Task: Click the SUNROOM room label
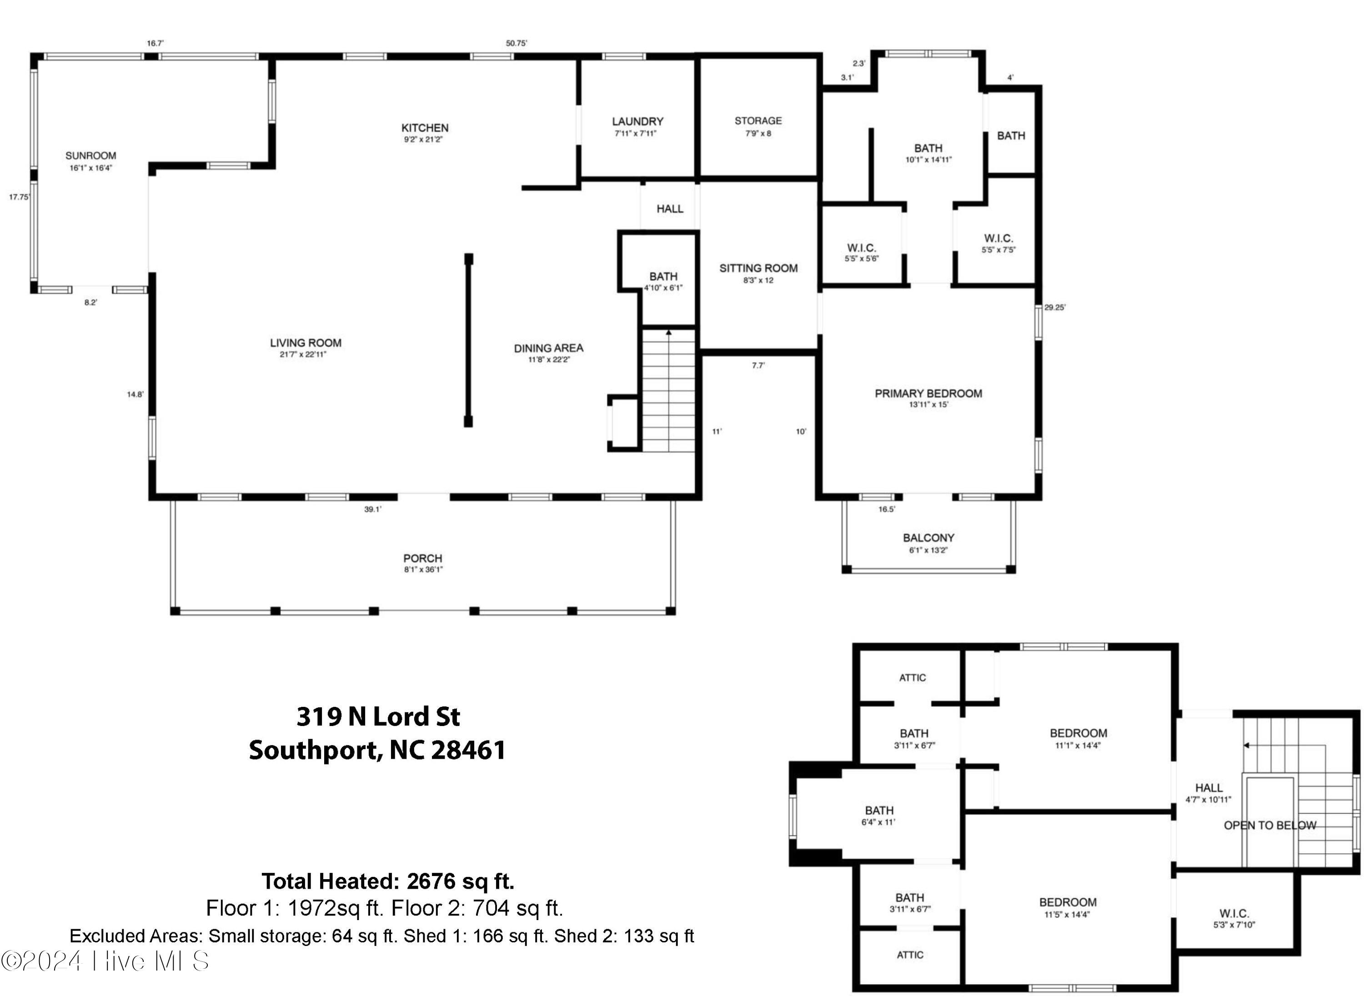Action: click(x=91, y=156)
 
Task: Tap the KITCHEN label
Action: click(x=424, y=128)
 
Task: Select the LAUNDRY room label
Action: click(x=637, y=122)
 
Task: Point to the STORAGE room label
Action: click(x=757, y=120)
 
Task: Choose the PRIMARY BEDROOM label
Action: click(x=928, y=393)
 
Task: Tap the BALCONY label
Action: click(x=928, y=538)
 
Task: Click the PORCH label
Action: click(x=422, y=558)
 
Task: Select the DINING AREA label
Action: click(x=548, y=348)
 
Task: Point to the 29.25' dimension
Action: click(x=1055, y=307)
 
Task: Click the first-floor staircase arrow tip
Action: click(x=669, y=332)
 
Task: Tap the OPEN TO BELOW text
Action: click(x=1269, y=825)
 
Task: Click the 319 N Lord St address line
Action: click(x=378, y=717)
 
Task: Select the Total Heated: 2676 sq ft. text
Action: click(x=388, y=881)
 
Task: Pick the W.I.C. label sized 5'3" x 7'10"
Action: click(x=1234, y=913)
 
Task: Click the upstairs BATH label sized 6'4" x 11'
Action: click(x=879, y=811)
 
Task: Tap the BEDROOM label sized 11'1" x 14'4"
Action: click(x=1078, y=733)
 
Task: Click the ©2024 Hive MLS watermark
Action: click(x=105, y=961)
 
